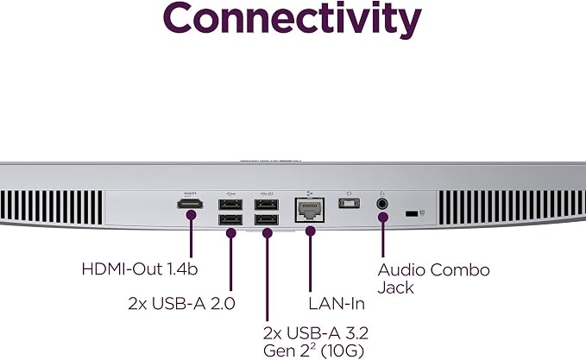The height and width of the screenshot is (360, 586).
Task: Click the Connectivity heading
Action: pyautogui.click(x=293, y=20)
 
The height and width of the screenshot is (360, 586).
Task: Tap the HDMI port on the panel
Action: pyautogui.click(x=190, y=204)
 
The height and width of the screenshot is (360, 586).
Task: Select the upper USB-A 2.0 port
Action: pyautogui.click(x=230, y=205)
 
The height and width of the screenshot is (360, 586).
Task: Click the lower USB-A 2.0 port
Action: pyautogui.click(x=230, y=220)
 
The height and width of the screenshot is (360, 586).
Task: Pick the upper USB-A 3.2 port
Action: pyautogui.click(x=267, y=205)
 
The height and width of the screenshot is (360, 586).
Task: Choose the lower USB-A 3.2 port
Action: pyautogui.click(x=267, y=220)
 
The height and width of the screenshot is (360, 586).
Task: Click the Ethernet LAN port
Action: pyautogui.click(x=310, y=211)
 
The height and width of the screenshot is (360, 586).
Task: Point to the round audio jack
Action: pyautogui.click(x=382, y=204)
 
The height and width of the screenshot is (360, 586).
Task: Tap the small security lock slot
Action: pyautogui.click(x=412, y=214)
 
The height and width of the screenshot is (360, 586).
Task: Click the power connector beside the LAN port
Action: pyautogui.click(x=350, y=204)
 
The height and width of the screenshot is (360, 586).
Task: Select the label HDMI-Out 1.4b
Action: pyautogui.click(x=140, y=269)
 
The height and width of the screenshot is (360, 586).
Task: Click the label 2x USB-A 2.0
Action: pyautogui.click(x=181, y=303)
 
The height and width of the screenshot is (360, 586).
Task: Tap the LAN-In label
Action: pyautogui.click(x=337, y=304)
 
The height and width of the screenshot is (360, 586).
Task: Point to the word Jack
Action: pyautogui.click(x=395, y=287)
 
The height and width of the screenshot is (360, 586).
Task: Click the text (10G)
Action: pyautogui.click(x=343, y=351)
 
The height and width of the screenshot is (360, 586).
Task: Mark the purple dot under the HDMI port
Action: pyautogui.click(x=191, y=215)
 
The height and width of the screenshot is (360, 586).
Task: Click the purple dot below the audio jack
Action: pyautogui.click(x=382, y=218)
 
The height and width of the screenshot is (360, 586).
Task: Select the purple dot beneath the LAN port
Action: pyautogui.click(x=310, y=231)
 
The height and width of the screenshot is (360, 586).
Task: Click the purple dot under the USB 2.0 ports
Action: pyautogui.click(x=231, y=233)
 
